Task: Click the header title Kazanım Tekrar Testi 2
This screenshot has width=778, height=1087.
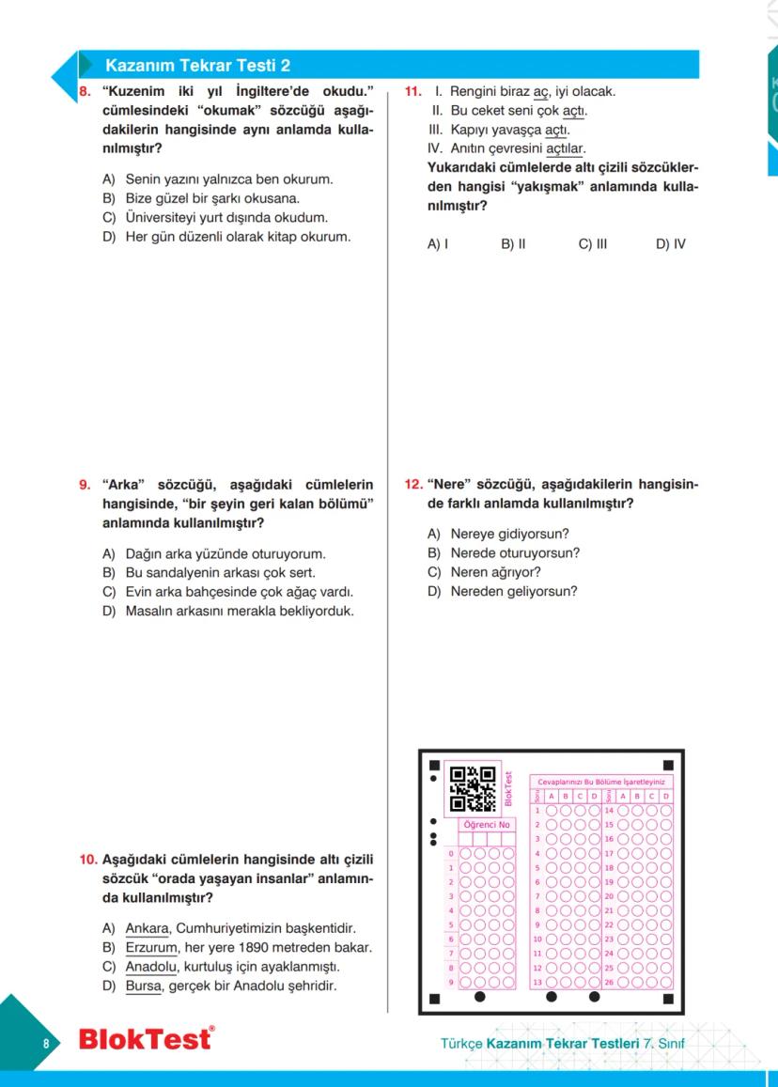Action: click(197, 65)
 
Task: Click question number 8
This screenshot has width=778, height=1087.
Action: click(83, 92)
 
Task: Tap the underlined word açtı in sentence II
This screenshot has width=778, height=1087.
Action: click(574, 111)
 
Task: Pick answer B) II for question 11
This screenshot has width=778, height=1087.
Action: click(513, 244)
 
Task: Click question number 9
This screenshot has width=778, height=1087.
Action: click(85, 486)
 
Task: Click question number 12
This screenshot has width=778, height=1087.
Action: click(412, 485)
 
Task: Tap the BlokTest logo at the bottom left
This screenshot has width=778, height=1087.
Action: click(145, 1039)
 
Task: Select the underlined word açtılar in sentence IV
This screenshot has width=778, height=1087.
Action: click(566, 148)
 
